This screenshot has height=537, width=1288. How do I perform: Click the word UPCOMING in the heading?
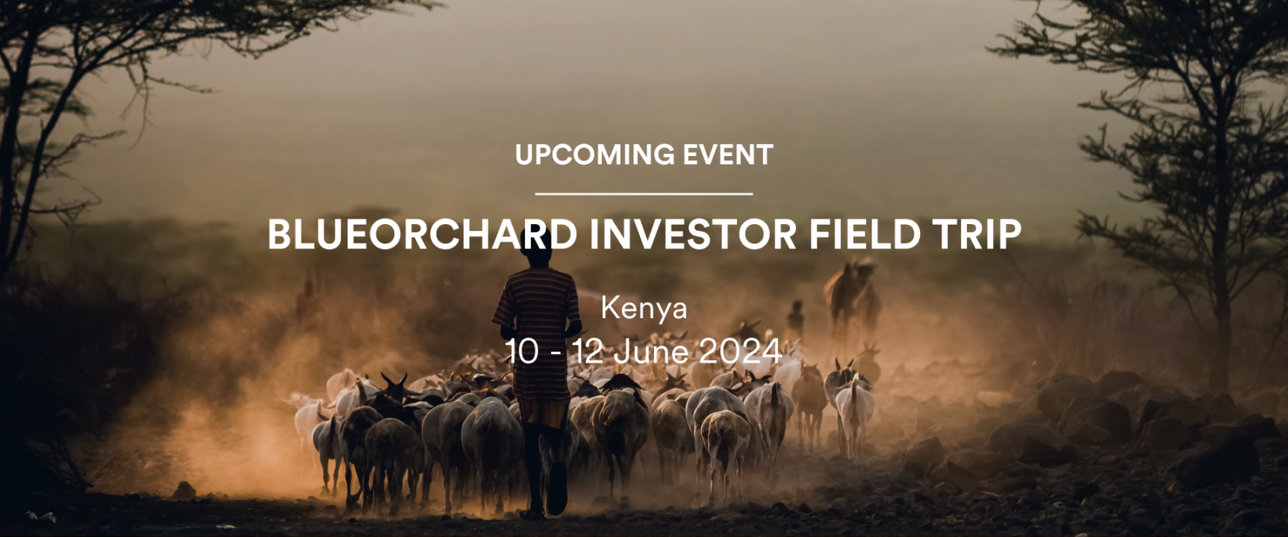[595, 155]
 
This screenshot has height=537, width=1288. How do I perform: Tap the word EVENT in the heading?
[728, 155]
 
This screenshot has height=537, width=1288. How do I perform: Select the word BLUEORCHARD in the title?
[423, 234]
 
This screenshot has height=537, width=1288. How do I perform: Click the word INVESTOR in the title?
[694, 234]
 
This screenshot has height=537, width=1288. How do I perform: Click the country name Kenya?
[644, 309]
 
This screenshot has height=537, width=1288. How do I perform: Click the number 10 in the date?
[522, 351]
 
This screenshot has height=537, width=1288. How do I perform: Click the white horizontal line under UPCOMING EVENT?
[644, 194]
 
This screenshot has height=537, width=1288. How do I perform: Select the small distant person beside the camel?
[796, 320]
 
